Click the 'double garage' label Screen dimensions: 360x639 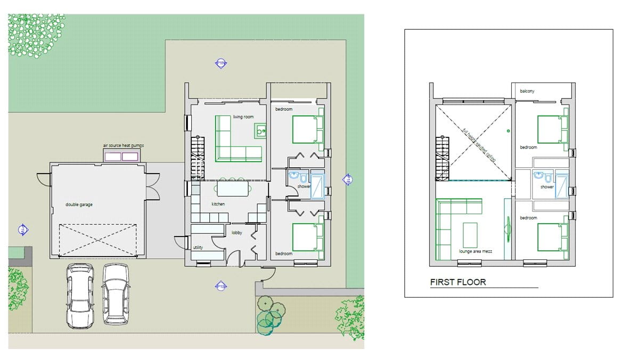click(79, 204)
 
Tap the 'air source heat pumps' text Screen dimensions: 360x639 click(124, 145)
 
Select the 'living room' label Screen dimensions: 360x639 click(243, 117)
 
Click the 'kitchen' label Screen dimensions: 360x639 click(218, 204)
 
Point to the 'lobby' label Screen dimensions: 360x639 click(237, 233)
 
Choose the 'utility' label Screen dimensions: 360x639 click(198, 248)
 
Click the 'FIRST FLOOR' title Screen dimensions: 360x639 click(458, 282)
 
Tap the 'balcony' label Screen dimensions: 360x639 click(527, 91)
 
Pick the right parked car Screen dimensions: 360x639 click(116, 293)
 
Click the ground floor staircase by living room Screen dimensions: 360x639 click(198, 157)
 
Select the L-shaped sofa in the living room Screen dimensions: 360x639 click(234, 141)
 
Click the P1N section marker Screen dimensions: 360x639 click(221, 64)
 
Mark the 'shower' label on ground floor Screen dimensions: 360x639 click(304, 187)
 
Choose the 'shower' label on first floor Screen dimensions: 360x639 click(547, 187)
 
